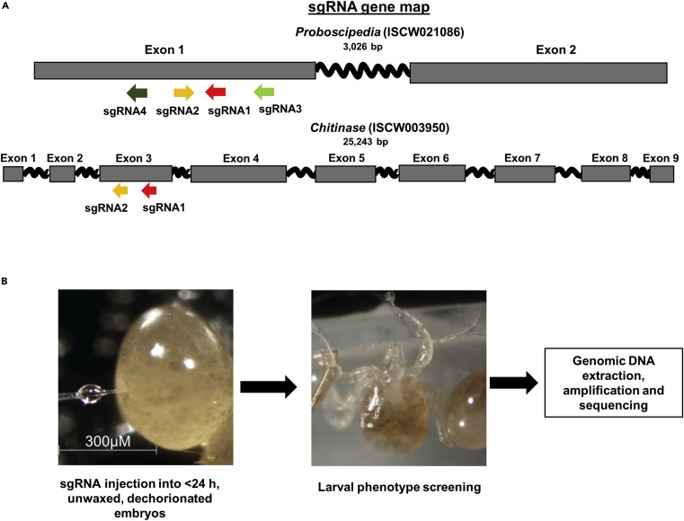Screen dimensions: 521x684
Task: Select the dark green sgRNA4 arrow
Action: pos(138,92)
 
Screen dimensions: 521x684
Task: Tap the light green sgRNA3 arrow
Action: pos(265,92)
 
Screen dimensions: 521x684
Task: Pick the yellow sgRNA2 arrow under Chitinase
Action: pos(120,190)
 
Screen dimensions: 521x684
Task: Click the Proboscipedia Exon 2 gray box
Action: pos(538,73)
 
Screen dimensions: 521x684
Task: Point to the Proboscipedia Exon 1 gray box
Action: pos(174,73)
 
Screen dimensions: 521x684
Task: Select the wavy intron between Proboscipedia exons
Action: pos(362,71)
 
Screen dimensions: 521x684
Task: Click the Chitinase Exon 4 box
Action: pos(238,174)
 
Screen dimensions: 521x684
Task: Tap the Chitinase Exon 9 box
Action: pos(662,174)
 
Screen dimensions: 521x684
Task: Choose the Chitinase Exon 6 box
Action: pos(431,174)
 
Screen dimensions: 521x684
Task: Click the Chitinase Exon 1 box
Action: pos(13,174)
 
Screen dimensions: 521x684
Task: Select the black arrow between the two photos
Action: pos(270,388)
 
